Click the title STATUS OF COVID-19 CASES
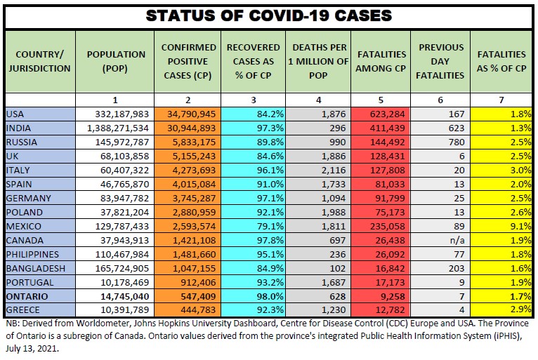(268, 15)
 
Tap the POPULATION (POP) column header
(116, 61)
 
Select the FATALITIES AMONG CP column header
(381, 61)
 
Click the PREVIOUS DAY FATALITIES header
(441, 61)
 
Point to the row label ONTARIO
(28, 296)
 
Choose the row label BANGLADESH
(35, 268)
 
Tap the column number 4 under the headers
(319, 100)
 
